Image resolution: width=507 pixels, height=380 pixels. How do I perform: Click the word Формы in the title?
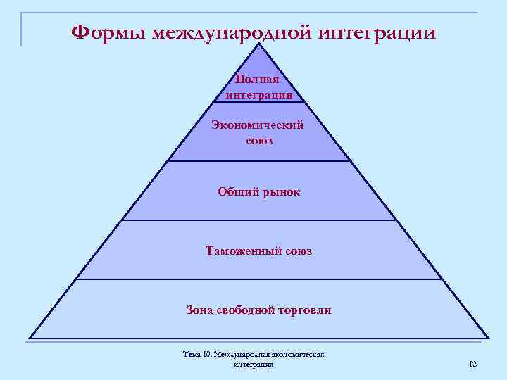pyautogui.click(x=108, y=33)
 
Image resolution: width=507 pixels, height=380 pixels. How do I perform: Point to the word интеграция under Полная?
pyautogui.click(x=259, y=94)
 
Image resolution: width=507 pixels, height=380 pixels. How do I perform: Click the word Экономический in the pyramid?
pyautogui.click(x=258, y=126)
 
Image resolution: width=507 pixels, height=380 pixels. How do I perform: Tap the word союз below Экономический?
pyautogui.click(x=259, y=140)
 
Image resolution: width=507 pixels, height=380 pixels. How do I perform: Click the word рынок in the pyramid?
pyautogui.click(x=280, y=191)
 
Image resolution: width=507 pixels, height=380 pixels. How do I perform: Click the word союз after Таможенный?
pyautogui.click(x=295, y=251)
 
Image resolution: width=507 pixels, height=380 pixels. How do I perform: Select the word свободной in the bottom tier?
pyautogui.click(x=247, y=310)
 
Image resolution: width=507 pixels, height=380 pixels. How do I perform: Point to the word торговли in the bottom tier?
pyautogui.click(x=305, y=310)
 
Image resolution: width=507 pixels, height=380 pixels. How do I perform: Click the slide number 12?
pyautogui.click(x=472, y=363)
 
